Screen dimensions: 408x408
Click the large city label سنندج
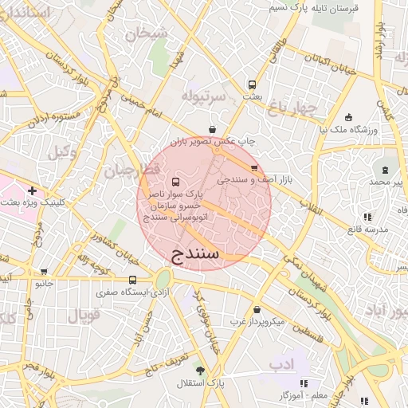[x=205, y=254]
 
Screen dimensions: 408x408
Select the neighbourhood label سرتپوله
[x=204, y=95]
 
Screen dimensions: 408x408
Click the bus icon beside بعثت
[x=252, y=84]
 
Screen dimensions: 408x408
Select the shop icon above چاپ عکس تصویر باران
[x=212, y=129]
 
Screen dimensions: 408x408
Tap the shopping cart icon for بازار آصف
[x=254, y=168]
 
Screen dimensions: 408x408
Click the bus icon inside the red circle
[x=176, y=181]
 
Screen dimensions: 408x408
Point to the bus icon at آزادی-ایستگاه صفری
[x=132, y=280]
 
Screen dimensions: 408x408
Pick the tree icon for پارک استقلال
[x=200, y=371]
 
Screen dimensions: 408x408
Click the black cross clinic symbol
[x=32, y=191]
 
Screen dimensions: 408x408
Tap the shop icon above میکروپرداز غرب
[x=257, y=310]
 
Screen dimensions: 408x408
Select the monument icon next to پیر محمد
[x=386, y=170]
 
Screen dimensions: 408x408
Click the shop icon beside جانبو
[x=44, y=272]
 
